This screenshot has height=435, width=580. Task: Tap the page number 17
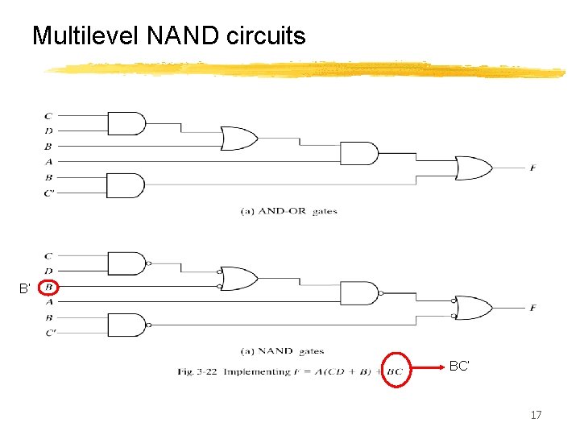pos(536,415)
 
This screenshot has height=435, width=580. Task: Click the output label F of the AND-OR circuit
pos(532,168)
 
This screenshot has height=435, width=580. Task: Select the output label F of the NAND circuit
pos(532,308)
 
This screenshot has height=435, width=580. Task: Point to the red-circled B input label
pos(49,287)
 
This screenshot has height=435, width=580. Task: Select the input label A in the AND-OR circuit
pos(49,161)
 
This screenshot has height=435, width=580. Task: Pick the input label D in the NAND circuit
pos(49,271)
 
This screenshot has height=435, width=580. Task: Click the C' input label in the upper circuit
pos(50,193)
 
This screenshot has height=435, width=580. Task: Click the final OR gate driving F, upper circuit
pos(474,168)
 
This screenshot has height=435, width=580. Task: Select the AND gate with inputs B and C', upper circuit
pos(126,184)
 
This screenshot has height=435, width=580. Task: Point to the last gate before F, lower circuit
pos(474,308)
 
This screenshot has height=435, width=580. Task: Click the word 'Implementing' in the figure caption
pos(252,371)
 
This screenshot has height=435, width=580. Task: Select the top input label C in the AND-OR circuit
pos(49,116)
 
